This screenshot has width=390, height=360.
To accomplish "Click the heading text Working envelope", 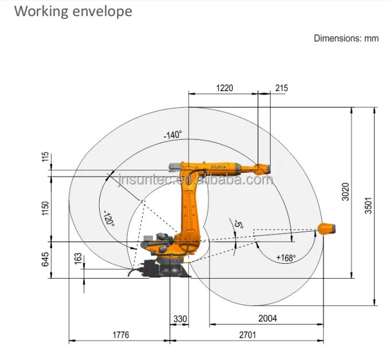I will click(x=73, y=11).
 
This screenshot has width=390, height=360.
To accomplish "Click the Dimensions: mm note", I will click(x=346, y=38).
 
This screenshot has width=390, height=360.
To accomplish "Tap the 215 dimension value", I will click(x=282, y=88).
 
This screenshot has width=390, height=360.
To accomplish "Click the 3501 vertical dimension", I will click(x=368, y=206).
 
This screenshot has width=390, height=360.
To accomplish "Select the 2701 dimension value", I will click(x=247, y=335).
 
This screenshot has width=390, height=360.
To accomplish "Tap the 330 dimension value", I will click(x=181, y=319).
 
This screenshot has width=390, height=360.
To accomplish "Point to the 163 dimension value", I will click(x=78, y=259).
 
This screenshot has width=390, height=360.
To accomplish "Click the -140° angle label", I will click(x=172, y=135).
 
